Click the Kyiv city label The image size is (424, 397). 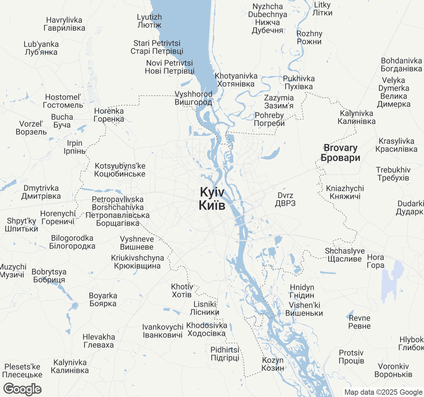pos(212,198)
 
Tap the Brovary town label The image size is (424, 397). pos(341,153)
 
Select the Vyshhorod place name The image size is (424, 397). pos(193,98)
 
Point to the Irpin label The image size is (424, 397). pos(75,147)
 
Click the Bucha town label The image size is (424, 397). pos(62,121)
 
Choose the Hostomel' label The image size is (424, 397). pos(63,101)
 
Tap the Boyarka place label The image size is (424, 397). pos(103,299)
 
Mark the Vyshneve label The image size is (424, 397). pos(137,243)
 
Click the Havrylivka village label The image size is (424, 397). pos(64,24)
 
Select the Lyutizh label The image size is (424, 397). pos(149,21)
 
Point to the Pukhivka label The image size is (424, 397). pos(299,82)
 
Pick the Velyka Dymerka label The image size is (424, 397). pos(394,92)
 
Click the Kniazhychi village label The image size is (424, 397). pos(345,192)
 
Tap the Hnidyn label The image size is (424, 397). pos(302,291)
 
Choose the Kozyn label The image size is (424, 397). pos(273,364)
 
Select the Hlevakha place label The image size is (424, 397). pos(99,341)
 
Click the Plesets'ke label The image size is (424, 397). pos(22,371)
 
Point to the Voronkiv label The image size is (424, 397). pos(393,370)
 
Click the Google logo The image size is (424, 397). pos(22,389)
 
